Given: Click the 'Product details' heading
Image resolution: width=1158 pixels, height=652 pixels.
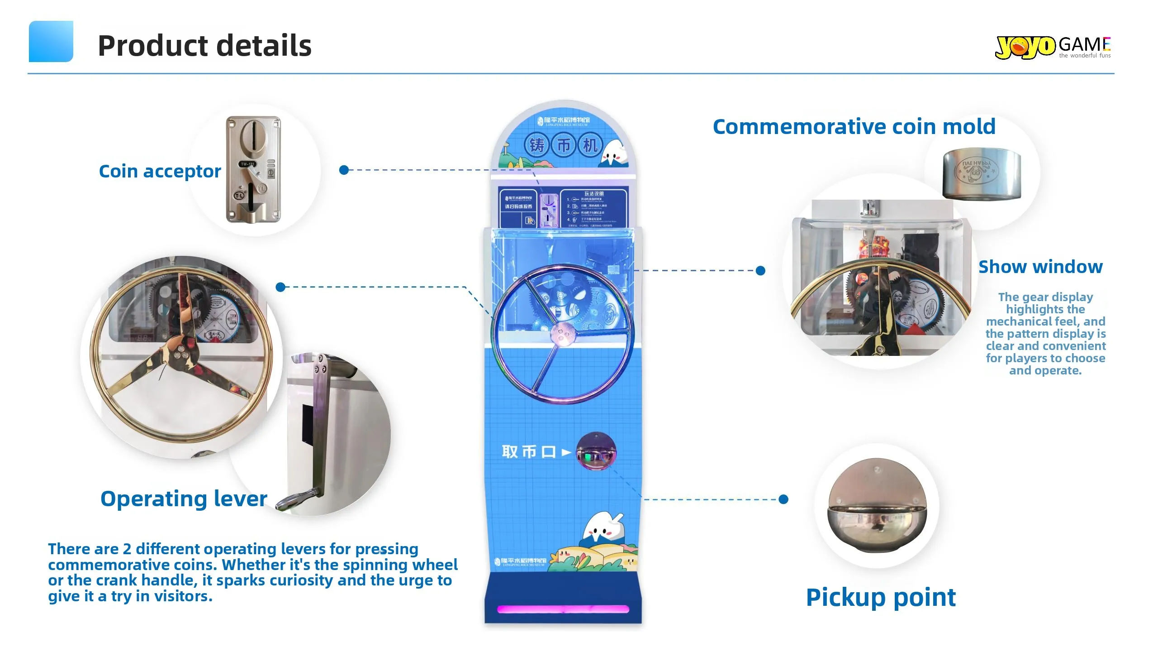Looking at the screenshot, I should point(204,46).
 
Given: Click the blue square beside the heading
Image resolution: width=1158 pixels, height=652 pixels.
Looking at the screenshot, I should point(51,41).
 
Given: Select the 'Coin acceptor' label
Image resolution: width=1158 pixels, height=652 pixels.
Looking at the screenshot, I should point(160,171).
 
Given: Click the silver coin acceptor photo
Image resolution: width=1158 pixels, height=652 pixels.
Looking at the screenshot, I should point(253,169).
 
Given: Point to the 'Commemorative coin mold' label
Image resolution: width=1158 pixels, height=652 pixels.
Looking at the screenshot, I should point(854,126).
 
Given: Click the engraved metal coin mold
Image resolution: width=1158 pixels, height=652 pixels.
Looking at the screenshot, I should point(982,173).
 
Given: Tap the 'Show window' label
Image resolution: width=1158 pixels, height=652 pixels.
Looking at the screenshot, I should point(1040,267).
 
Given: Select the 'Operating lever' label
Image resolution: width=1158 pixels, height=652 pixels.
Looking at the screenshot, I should point(184,499).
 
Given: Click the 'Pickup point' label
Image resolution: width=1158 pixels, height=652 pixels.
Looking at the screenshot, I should point(881,597).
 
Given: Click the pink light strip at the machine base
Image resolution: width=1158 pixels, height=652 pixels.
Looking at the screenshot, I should point(563,609).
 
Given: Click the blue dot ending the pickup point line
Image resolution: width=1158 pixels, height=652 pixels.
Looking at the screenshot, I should point(783,499).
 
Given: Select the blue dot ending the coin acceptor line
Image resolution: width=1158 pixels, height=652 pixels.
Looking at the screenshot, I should point(344,170).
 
